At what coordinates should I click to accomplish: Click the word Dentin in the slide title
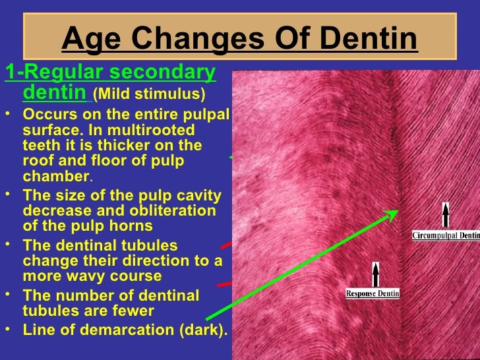point(371,40)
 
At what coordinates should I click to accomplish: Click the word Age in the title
point(90,40)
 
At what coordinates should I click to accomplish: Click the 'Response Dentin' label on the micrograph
point(373,293)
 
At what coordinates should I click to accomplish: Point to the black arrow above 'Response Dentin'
point(376,274)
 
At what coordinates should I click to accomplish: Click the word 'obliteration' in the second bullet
point(174,211)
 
